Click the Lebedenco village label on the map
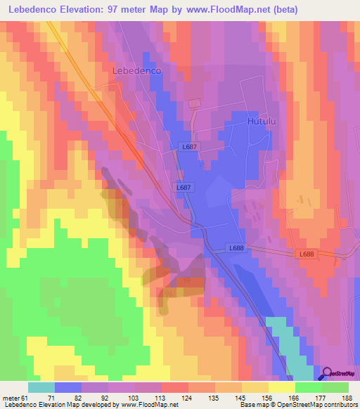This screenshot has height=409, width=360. pos(137,71)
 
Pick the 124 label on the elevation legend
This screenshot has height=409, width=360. pos(188,397)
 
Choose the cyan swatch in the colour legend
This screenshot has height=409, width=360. pos(41,387)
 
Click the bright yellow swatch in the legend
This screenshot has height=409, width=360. pos(281,387)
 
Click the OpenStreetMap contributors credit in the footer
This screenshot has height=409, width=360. pos(316,405)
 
